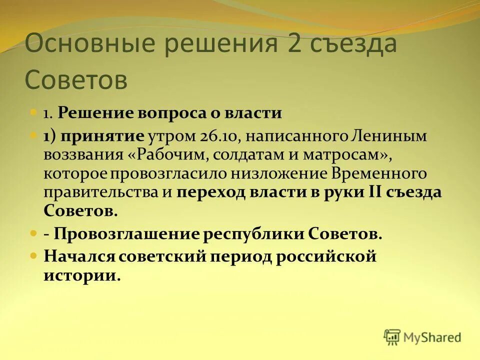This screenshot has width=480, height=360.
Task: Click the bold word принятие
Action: pos(102,136)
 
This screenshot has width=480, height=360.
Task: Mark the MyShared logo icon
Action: pos(392,337)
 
